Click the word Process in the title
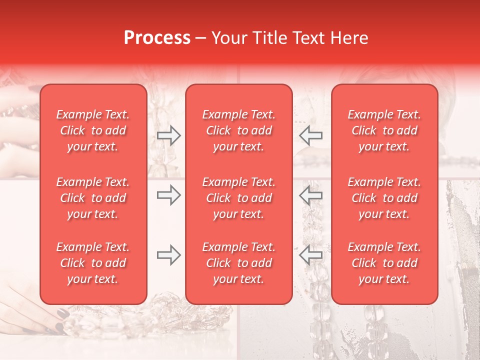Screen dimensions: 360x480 [x=157, y=38]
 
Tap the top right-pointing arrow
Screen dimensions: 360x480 [x=168, y=135]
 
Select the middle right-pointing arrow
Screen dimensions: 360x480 [x=168, y=195]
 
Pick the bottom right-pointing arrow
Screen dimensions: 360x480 [x=168, y=255]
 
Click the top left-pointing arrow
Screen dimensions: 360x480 [x=310, y=135]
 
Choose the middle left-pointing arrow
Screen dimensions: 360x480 [x=310, y=195]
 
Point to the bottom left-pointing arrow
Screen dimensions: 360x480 [x=310, y=255]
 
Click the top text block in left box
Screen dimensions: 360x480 [x=93, y=130]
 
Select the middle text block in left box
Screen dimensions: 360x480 [x=93, y=198]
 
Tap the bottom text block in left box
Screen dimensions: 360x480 [x=93, y=263]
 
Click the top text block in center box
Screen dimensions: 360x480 [x=239, y=130]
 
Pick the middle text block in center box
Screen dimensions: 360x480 [x=239, y=198]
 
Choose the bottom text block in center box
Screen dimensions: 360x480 [x=239, y=263]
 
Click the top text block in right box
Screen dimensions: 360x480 [x=384, y=130]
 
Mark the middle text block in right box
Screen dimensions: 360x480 [x=384, y=198]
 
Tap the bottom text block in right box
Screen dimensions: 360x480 [x=384, y=263]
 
